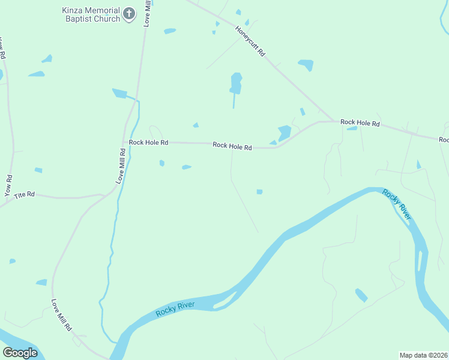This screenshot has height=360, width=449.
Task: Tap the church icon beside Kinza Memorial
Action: tap(128, 14)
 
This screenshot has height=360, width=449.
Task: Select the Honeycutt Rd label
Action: tap(250, 41)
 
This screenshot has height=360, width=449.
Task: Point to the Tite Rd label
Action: tap(25, 194)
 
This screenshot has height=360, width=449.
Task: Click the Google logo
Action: tap(20, 352)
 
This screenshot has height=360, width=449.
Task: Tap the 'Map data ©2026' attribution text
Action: tap(424, 355)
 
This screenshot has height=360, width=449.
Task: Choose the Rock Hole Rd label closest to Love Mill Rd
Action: tap(148, 143)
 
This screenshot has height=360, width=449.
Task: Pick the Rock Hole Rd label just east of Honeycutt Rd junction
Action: tap(360, 123)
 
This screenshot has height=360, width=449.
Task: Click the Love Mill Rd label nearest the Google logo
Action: tap(61, 316)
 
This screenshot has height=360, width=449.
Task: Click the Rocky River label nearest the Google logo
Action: tap(175, 308)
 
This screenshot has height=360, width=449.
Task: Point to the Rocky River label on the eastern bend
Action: tap(398, 205)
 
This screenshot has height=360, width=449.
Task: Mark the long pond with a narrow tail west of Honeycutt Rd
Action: tap(236, 84)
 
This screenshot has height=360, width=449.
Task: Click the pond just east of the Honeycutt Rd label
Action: tap(306, 64)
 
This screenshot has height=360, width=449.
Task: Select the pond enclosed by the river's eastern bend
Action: tap(361, 295)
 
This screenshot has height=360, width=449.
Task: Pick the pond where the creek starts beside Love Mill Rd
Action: tap(120, 93)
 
